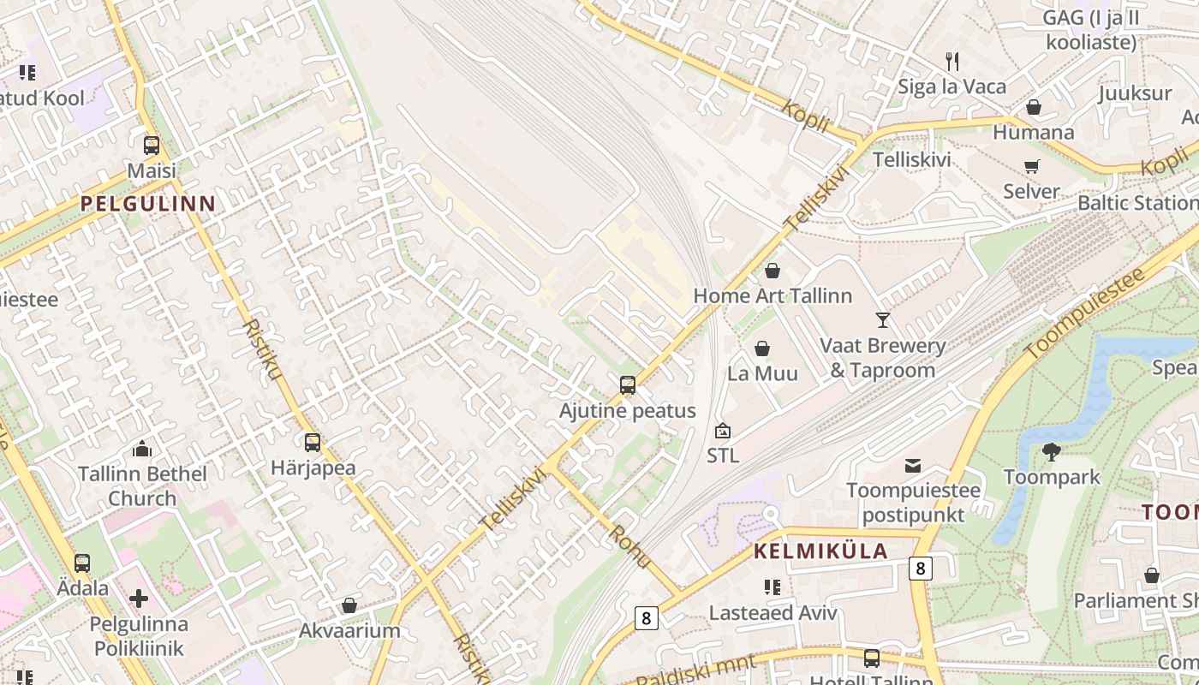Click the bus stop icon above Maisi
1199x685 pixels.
point(152,146)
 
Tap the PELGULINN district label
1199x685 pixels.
point(147,204)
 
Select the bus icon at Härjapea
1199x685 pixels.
point(313,443)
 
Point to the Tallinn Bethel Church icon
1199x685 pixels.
point(142,449)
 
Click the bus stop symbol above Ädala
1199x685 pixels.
point(82,563)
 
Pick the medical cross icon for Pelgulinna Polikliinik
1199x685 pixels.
point(139,599)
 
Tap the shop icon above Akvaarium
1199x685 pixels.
point(349,606)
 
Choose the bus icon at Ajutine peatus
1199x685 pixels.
point(628,385)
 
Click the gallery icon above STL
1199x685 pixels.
point(723,431)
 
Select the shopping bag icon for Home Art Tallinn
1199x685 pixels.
point(772,271)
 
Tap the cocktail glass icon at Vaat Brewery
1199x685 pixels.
point(883,320)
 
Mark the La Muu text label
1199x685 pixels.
point(762,373)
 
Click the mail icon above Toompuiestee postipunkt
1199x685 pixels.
point(913,466)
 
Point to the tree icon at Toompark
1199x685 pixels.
point(1052,451)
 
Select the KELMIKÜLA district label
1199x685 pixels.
point(820,551)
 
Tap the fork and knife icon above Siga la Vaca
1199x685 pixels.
point(951,61)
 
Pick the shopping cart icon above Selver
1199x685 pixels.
point(1031,166)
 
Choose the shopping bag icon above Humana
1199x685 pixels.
point(1034,107)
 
